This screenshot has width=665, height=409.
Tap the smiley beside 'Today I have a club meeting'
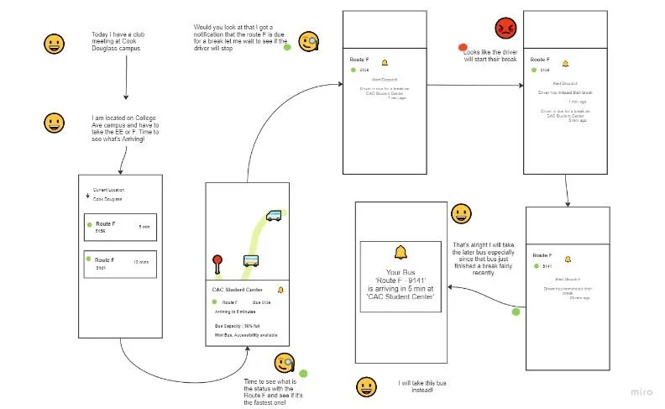tap(55, 43)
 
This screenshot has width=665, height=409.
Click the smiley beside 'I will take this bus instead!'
tap(366, 386)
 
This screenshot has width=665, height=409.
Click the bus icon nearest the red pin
tap(251, 260)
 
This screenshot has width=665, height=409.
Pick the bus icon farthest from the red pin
tap(274, 215)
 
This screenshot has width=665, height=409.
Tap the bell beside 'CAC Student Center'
tap(280, 290)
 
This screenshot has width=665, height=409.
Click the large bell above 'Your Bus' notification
tap(400, 252)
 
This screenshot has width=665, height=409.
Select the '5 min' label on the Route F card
tap(144, 227)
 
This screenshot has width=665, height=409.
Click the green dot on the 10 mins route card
tap(89, 260)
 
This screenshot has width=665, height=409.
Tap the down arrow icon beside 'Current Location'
tap(86, 195)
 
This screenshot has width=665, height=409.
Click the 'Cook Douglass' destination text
tap(107, 199)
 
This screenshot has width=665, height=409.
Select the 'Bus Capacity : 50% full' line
tap(238, 324)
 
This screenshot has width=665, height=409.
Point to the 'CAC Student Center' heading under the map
tap(236, 290)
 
